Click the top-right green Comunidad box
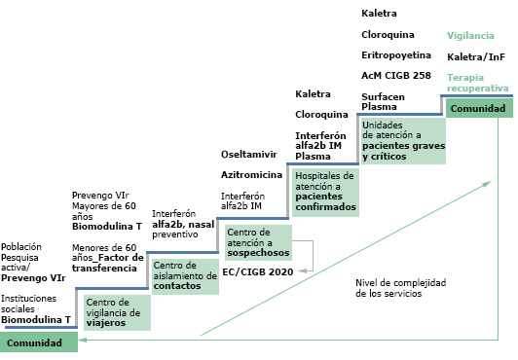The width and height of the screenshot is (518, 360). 477,109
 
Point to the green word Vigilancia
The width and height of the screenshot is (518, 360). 471,36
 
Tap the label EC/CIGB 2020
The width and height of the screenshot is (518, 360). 257,271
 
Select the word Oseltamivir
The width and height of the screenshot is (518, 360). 249,155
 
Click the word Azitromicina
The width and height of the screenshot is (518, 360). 252,174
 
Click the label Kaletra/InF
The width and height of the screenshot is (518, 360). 475,57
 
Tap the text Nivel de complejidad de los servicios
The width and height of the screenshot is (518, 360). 400,287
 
